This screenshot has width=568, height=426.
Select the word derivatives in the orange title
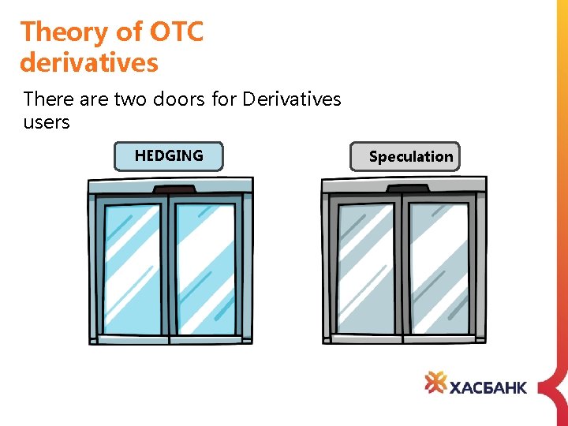point(89,62)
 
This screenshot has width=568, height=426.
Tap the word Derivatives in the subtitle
point(292,99)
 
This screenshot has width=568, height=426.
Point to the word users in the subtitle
point(47,122)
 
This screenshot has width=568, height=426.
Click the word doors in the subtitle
point(184,99)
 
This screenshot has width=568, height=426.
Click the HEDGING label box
point(169,156)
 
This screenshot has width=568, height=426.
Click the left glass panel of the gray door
point(366,268)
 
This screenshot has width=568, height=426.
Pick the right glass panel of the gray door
point(439,268)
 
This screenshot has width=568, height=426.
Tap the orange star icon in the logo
point(435,383)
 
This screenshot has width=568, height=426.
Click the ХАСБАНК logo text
point(488,387)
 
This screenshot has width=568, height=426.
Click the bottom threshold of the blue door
point(170,339)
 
